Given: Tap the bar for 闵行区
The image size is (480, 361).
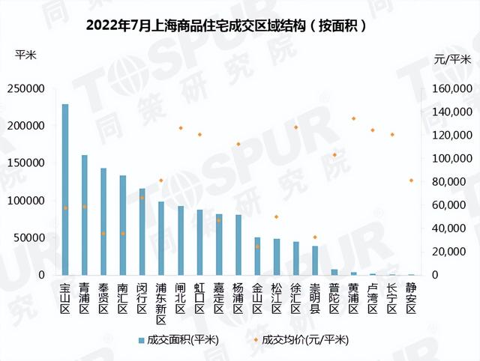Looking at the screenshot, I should (142, 231).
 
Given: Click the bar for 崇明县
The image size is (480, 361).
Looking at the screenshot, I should (315, 260).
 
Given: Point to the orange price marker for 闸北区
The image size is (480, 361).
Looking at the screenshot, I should (181, 128).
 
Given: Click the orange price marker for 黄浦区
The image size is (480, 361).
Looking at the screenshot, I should (353, 118).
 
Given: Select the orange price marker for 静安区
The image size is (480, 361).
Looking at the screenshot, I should (411, 180).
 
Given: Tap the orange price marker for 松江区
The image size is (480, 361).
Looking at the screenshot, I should (277, 216).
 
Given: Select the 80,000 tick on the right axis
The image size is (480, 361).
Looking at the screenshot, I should (449, 182).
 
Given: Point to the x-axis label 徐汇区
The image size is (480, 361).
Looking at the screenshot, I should (295, 297).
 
